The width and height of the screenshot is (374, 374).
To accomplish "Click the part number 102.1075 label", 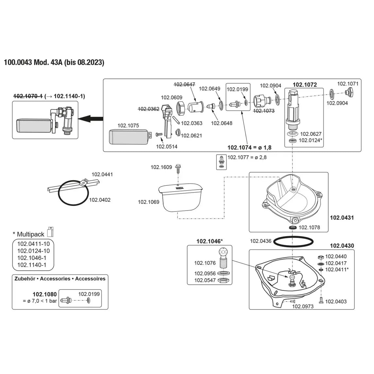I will pos(128,125).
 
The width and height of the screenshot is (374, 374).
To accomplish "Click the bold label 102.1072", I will pos(304,85).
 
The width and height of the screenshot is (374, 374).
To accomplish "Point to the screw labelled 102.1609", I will pos(178,167).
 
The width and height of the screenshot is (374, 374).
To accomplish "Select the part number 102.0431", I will pos(342,217).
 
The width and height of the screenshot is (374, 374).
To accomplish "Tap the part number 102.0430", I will pos(342,246).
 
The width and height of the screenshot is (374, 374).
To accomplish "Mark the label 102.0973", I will pos(303,306).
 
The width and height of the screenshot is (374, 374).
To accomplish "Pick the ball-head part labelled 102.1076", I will pos(223,258).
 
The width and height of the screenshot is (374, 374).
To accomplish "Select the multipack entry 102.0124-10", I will pos(34,251).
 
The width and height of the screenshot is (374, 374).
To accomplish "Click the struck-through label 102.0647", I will pos(184,84).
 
